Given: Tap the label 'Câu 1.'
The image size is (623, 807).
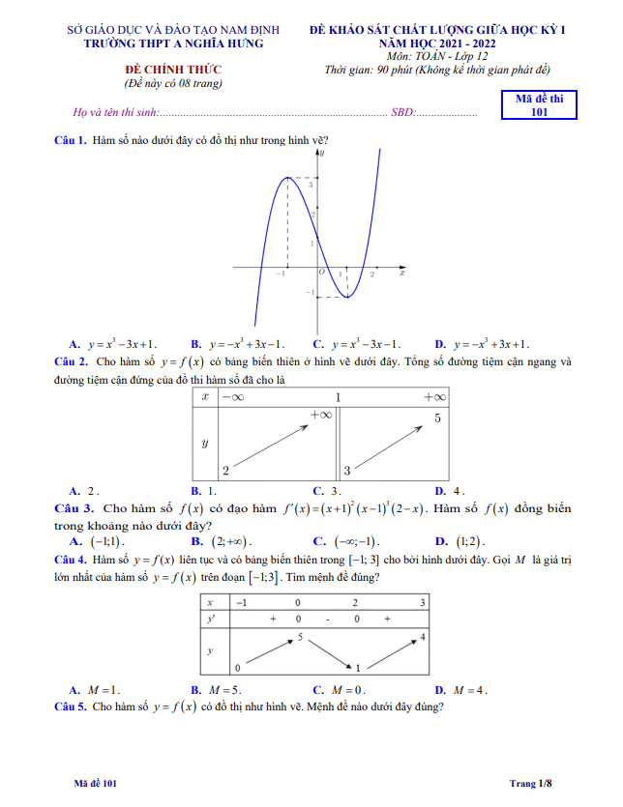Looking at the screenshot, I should coord(71,141).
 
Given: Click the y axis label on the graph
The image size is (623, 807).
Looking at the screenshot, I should coord(322,153).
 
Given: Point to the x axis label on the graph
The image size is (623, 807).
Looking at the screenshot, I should coord(401,274).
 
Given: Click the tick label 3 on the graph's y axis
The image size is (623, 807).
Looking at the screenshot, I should coord(311,184).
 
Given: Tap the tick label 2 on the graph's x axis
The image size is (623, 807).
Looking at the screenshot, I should coord(371,275).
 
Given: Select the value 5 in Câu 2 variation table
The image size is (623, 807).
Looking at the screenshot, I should coord(437,418).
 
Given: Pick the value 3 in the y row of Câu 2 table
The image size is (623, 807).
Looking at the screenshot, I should coord(347,471).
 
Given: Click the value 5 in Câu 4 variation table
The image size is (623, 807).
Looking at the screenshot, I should coord(301,637).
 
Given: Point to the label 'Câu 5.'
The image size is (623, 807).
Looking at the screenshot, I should coord(71,707).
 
